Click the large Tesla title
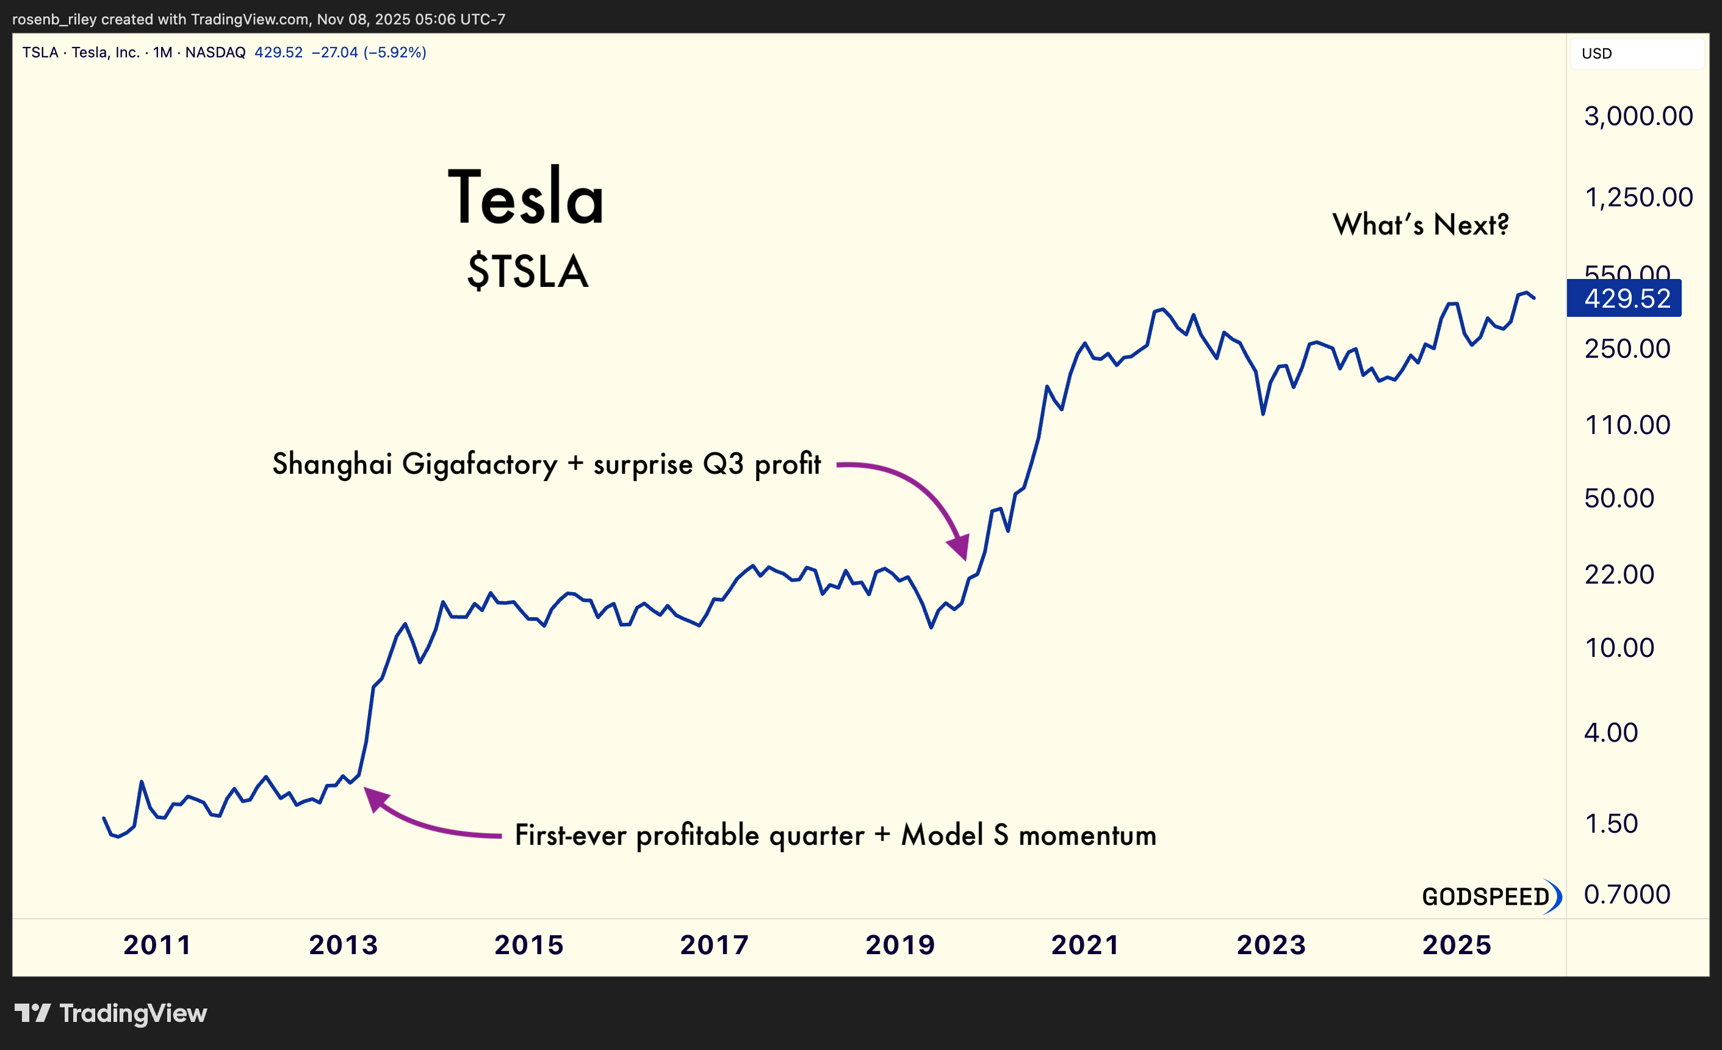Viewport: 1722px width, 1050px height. tap(525, 198)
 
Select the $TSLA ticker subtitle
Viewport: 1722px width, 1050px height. tap(528, 271)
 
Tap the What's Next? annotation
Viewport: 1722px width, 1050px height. tap(1420, 225)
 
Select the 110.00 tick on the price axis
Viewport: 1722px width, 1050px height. tap(1627, 425)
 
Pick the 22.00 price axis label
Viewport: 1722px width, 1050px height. tap(1618, 574)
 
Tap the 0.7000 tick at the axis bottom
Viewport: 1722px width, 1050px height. tap(1626, 894)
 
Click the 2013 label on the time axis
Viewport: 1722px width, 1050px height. tap(343, 945)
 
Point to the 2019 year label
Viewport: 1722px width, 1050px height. tap(899, 945)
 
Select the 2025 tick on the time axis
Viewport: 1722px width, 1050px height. tap(1457, 945)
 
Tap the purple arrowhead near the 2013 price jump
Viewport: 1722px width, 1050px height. tap(375, 798)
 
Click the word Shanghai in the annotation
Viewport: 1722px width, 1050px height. tap(332, 464)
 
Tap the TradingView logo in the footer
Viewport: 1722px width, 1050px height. tap(111, 1013)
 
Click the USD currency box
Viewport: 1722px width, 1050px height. tap(1635, 54)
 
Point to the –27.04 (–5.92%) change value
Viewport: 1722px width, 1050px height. tap(369, 52)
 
